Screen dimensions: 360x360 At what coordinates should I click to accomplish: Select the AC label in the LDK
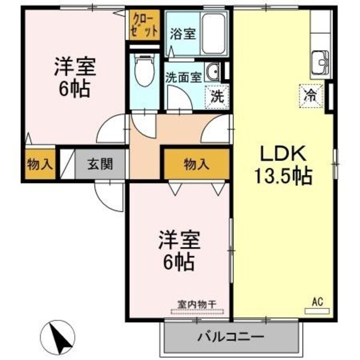pyautogui.click(x=317, y=302)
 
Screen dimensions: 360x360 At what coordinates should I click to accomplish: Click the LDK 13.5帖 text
pyautogui.click(x=284, y=164)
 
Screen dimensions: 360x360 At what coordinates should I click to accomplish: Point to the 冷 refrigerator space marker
pyautogui.click(x=311, y=94)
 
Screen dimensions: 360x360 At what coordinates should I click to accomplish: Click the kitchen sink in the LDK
pyautogui.click(x=319, y=61)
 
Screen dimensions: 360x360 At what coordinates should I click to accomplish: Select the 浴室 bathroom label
pyautogui.click(x=182, y=34)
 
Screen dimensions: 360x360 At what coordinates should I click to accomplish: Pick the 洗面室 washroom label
pyautogui.click(x=182, y=76)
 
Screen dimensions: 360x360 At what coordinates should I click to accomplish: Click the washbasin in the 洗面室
pyautogui.click(x=213, y=73)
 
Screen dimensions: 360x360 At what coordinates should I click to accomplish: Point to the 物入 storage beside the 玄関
pyautogui.click(x=40, y=164)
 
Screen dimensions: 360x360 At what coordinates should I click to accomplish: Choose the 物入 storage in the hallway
pyautogui.click(x=197, y=163)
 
